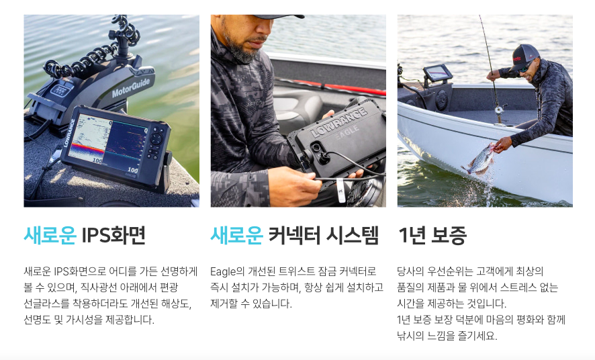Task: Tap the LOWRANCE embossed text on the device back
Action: point(339,122)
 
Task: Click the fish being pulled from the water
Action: point(479,160)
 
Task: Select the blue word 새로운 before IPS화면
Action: point(50,235)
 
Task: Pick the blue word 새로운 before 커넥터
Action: point(237,235)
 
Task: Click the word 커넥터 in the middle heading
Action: point(295,235)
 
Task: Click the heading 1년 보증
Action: point(432,235)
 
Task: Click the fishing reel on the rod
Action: point(500,109)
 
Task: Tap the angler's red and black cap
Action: point(524,56)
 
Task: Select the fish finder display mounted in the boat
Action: point(438,73)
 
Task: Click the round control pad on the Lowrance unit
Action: point(156,139)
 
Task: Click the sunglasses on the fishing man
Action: point(524,68)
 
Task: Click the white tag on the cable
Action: point(340,191)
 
